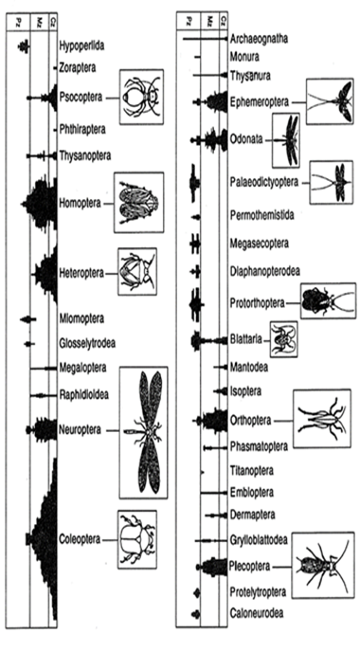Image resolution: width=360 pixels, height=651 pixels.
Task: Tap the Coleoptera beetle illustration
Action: (x=137, y=538)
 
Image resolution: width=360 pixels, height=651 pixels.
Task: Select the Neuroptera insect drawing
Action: (x=144, y=431)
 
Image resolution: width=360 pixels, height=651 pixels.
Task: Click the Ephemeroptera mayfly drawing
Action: (x=327, y=99)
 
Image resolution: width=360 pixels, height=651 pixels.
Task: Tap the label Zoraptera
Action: (x=80, y=67)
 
